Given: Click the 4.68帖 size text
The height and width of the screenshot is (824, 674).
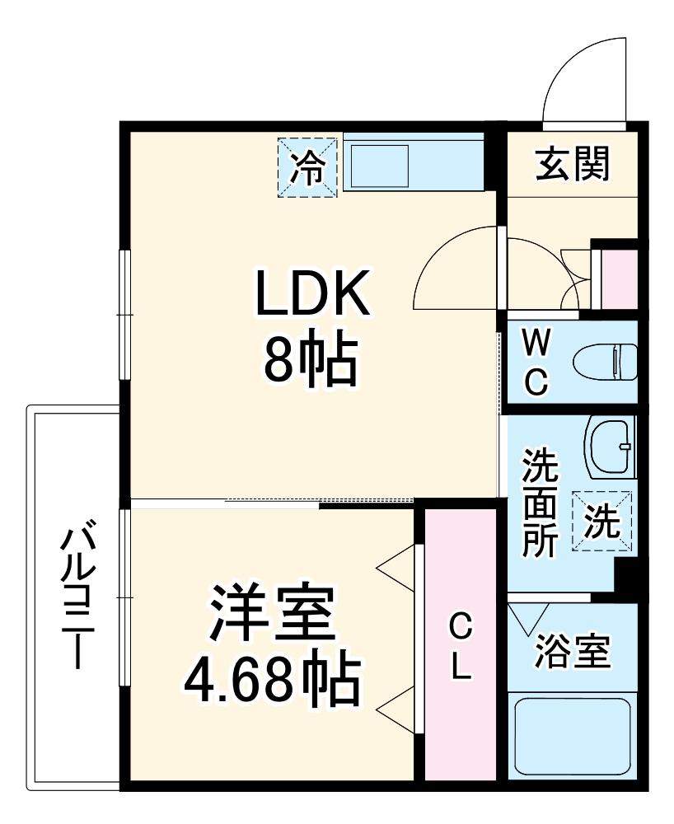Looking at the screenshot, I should click(x=271, y=680).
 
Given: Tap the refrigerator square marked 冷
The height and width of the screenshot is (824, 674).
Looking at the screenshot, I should click(x=307, y=167).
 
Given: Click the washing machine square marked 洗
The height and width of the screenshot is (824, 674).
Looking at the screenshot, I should click(x=602, y=522).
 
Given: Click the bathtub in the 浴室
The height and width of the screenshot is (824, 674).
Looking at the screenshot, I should click(x=573, y=735).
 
